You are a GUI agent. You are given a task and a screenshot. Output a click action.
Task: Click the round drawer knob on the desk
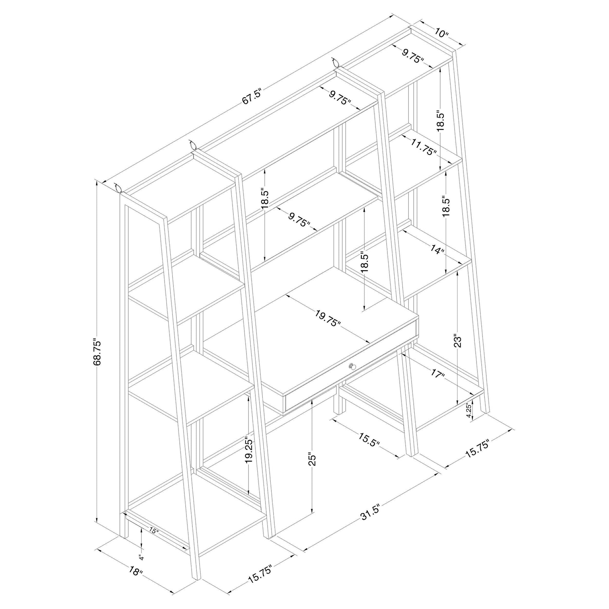[352, 366]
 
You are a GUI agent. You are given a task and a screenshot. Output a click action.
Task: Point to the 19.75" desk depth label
[328, 318]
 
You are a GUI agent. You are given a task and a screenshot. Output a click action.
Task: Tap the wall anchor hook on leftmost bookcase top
[118, 188]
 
